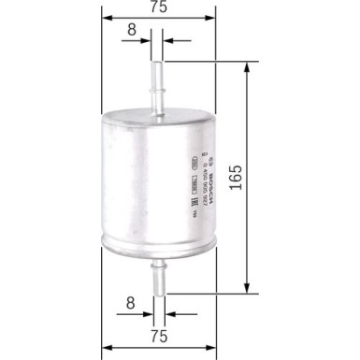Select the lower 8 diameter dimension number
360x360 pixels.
pyautogui.click(x=132, y=301)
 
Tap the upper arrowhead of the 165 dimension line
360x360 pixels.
pyautogui.click(x=248, y=66)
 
